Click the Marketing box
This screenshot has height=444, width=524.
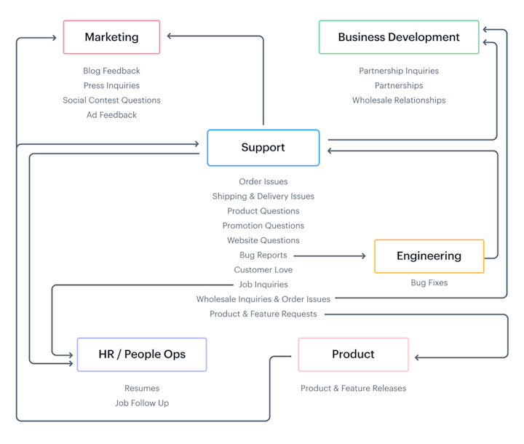pos(111,37)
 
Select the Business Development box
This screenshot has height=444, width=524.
pos(399,37)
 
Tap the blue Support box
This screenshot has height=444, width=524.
pos(263,148)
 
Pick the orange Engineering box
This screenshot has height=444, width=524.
pos(429,256)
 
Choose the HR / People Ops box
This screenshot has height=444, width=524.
pos(142,354)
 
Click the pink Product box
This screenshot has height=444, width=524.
pos(353,354)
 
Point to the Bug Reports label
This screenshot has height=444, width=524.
pos(263,255)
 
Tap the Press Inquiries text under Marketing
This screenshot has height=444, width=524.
pos(111,86)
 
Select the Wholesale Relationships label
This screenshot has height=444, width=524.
pos(399,100)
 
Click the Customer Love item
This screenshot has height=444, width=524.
pos(263,270)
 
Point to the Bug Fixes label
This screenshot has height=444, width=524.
pos(429,282)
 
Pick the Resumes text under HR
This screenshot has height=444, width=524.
pos(142,389)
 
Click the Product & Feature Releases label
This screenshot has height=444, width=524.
pos(353,389)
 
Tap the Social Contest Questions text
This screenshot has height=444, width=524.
pos(111,100)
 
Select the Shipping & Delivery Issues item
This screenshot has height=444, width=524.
pos(263,197)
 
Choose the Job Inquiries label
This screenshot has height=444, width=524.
pos(263,285)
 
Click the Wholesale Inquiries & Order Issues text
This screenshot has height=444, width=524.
pos(263,299)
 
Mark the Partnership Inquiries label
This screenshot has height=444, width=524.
pos(399,71)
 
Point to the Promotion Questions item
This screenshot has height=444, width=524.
pos(263,226)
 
